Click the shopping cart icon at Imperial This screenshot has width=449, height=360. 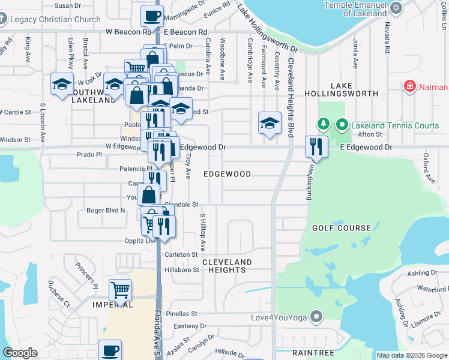[x=121, y=290]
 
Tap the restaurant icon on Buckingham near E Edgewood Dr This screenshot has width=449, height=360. [x=316, y=146]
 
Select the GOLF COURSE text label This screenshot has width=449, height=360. [x=342, y=228]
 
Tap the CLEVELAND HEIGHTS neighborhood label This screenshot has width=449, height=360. [x=227, y=266]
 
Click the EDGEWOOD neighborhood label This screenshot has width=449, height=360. [x=227, y=174]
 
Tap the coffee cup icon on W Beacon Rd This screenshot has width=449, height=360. [x=152, y=16]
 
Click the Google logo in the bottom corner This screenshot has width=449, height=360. [x=20, y=353]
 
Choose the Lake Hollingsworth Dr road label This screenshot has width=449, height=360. [x=267, y=30]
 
